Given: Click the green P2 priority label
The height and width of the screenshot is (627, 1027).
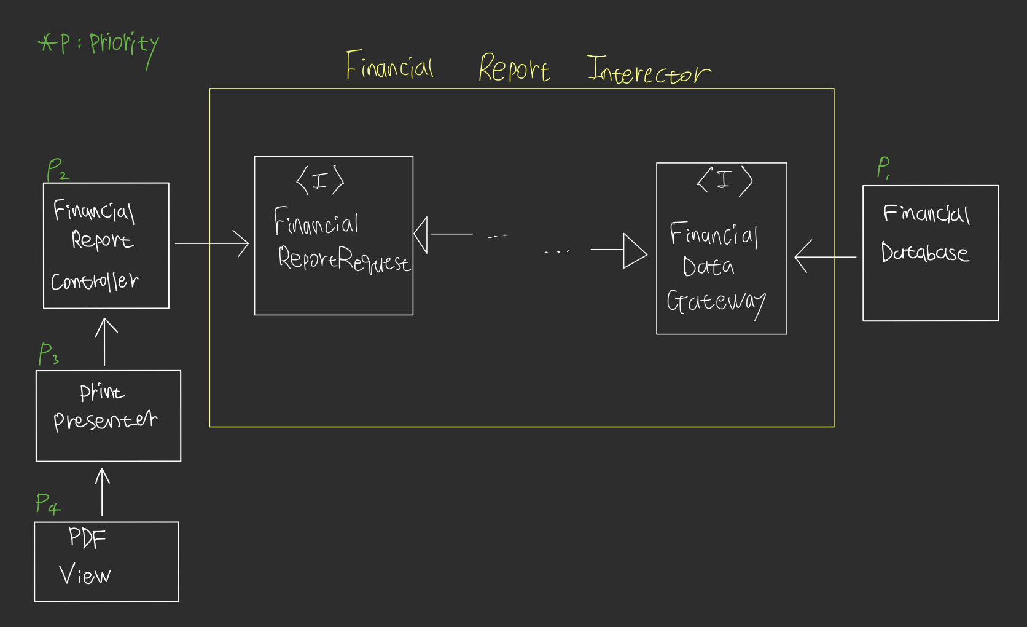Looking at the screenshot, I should tap(57, 169).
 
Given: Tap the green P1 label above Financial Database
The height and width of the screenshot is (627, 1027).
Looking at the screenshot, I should tap(883, 167).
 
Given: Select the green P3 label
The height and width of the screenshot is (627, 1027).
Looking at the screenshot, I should tap(48, 354).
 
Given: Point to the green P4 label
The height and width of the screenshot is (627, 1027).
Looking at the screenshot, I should tap(47, 503).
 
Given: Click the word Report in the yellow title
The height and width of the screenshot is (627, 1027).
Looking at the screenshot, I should tap(513, 68).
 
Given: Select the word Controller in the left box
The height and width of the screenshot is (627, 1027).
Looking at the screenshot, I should tap(95, 282).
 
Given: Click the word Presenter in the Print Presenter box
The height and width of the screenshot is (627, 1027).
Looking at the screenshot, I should tap(105, 420).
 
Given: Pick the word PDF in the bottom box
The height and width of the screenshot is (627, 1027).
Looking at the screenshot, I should tap(87, 538).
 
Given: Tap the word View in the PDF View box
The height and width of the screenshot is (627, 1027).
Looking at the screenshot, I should tap(85, 575).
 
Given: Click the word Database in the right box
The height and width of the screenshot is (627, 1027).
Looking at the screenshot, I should tap(924, 252).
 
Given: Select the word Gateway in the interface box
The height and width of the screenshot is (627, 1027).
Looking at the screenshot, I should tap(716, 302).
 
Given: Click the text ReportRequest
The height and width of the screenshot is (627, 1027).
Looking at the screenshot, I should tap(343, 259).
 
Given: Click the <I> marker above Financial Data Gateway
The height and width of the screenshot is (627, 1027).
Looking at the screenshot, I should tap(725, 181).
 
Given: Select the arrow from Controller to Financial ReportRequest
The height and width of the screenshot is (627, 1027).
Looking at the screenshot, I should tap(212, 243).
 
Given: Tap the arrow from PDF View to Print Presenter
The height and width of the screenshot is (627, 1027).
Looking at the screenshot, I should tap(103, 492).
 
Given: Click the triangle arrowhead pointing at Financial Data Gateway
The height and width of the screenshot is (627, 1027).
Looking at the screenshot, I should tap(635, 251).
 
